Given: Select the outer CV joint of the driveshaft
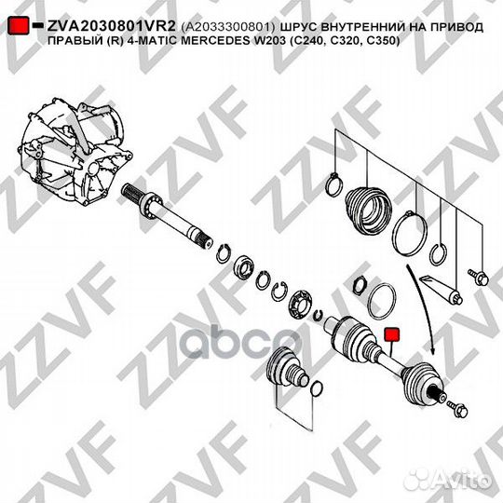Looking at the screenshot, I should coord(424,382).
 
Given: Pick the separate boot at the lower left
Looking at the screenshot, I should coord(284,373).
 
